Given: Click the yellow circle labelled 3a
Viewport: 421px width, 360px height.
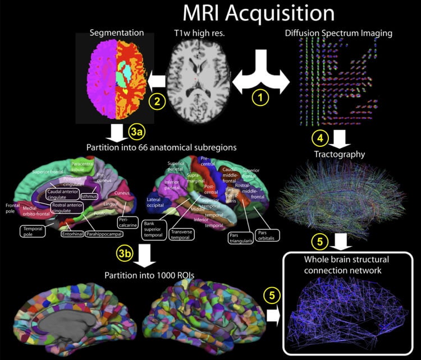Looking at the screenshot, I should (138, 132).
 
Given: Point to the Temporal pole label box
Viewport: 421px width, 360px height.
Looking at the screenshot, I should (34, 230).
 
